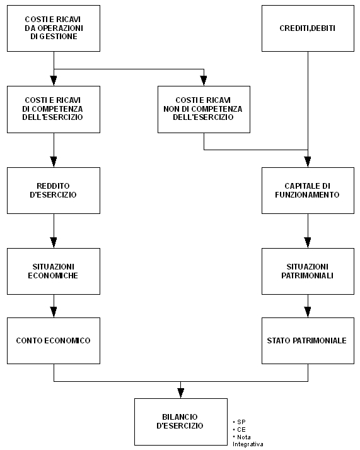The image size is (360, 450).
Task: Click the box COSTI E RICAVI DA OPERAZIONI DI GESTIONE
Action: (x=54, y=28)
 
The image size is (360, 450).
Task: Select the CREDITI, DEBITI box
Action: (x=308, y=28)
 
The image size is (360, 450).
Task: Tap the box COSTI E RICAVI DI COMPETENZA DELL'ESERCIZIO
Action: (x=54, y=109)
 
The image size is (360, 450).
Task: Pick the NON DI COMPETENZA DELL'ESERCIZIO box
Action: (x=204, y=109)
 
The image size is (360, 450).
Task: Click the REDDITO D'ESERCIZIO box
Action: (x=54, y=191)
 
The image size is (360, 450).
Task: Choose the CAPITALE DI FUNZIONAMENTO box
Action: (x=308, y=191)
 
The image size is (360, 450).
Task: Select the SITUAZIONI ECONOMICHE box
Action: (x=54, y=271)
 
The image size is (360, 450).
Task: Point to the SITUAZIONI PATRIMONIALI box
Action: (x=308, y=271)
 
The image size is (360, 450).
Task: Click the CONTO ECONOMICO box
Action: (x=54, y=341)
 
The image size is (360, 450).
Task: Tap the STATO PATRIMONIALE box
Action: (x=308, y=341)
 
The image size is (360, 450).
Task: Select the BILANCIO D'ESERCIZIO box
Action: (x=181, y=422)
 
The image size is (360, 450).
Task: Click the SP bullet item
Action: (x=240, y=422)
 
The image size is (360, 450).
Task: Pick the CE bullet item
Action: (x=240, y=429)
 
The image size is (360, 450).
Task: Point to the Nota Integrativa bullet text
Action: (x=248, y=441)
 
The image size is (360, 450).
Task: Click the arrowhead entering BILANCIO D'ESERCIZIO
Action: (x=180, y=393)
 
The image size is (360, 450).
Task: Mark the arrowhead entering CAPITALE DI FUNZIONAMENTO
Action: (x=308, y=162)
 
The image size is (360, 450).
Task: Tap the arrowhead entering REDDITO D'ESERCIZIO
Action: (x=54, y=162)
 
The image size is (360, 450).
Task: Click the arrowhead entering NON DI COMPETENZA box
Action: (x=204, y=81)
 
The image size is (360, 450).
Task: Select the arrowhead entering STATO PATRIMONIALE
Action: (x=308, y=312)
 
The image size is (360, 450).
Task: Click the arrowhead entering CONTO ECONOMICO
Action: (x=54, y=312)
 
